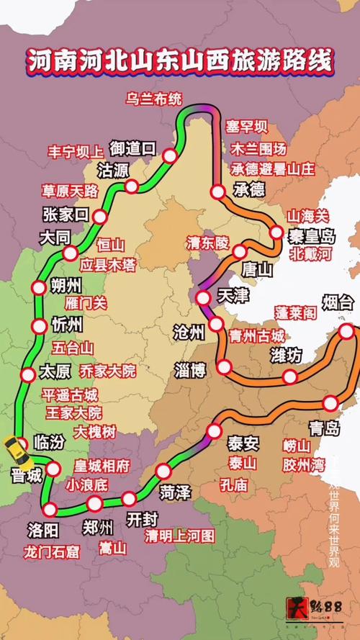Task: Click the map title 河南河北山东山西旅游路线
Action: pyautogui.click(x=180, y=61)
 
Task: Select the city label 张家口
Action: pyautogui.click(x=65, y=214)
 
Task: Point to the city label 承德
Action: pyautogui.click(x=250, y=189)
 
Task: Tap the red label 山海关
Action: pyautogui.click(x=308, y=215)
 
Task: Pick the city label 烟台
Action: pyautogui.click(x=337, y=303)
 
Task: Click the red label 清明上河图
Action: pyautogui.click(x=179, y=536)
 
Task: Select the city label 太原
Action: pyautogui.click(x=56, y=373)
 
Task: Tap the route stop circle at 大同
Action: pyautogui.click(x=71, y=253)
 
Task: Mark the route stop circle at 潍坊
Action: pyautogui.click(x=289, y=377)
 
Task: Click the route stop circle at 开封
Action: pyautogui.click(x=129, y=498)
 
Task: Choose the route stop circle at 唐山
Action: pyautogui.click(x=240, y=251)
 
